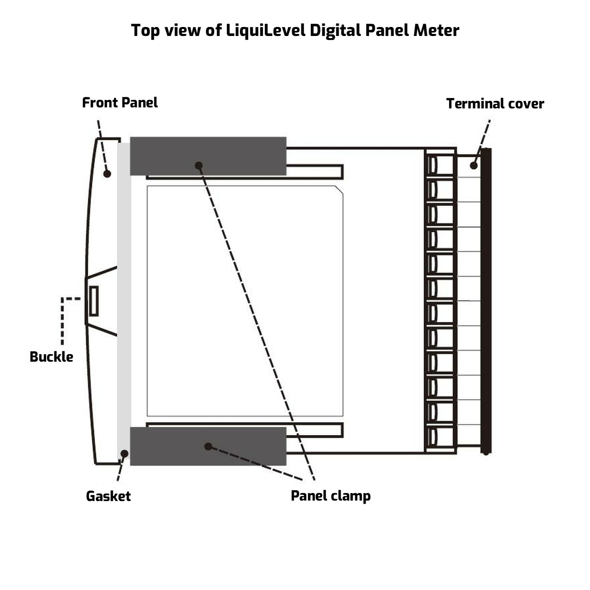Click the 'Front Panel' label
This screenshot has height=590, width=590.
pyautogui.click(x=120, y=103)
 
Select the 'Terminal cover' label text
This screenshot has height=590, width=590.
pyautogui.click(x=495, y=104)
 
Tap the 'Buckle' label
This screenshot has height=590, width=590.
pyautogui.click(x=51, y=357)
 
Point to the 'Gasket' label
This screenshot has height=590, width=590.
pyautogui.click(x=108, y=496)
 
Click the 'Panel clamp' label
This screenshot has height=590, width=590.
pyautogui.click(x=331, y=496)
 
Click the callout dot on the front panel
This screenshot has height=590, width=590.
pyautogui.click(x=107, y=173)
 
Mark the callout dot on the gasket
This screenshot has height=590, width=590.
pyautogui.click(x=124, y=454)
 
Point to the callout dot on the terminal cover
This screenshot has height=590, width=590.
pyautogui.click(x=474, y=165)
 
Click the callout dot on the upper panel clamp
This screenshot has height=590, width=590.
pyautogui.click(x=198, y=165)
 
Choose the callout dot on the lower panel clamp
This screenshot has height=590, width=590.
pyautogui.click(x=208, y=446)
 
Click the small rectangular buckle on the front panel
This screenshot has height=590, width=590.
pyautogui.click(x=93, y=301)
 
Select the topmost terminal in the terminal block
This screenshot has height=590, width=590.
pyautogui.click(x=440, y=165)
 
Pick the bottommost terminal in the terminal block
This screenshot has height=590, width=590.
pyautogui.click(x=440, y=437)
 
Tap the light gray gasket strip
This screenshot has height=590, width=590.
pyautogui.click(x=123, y=300)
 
